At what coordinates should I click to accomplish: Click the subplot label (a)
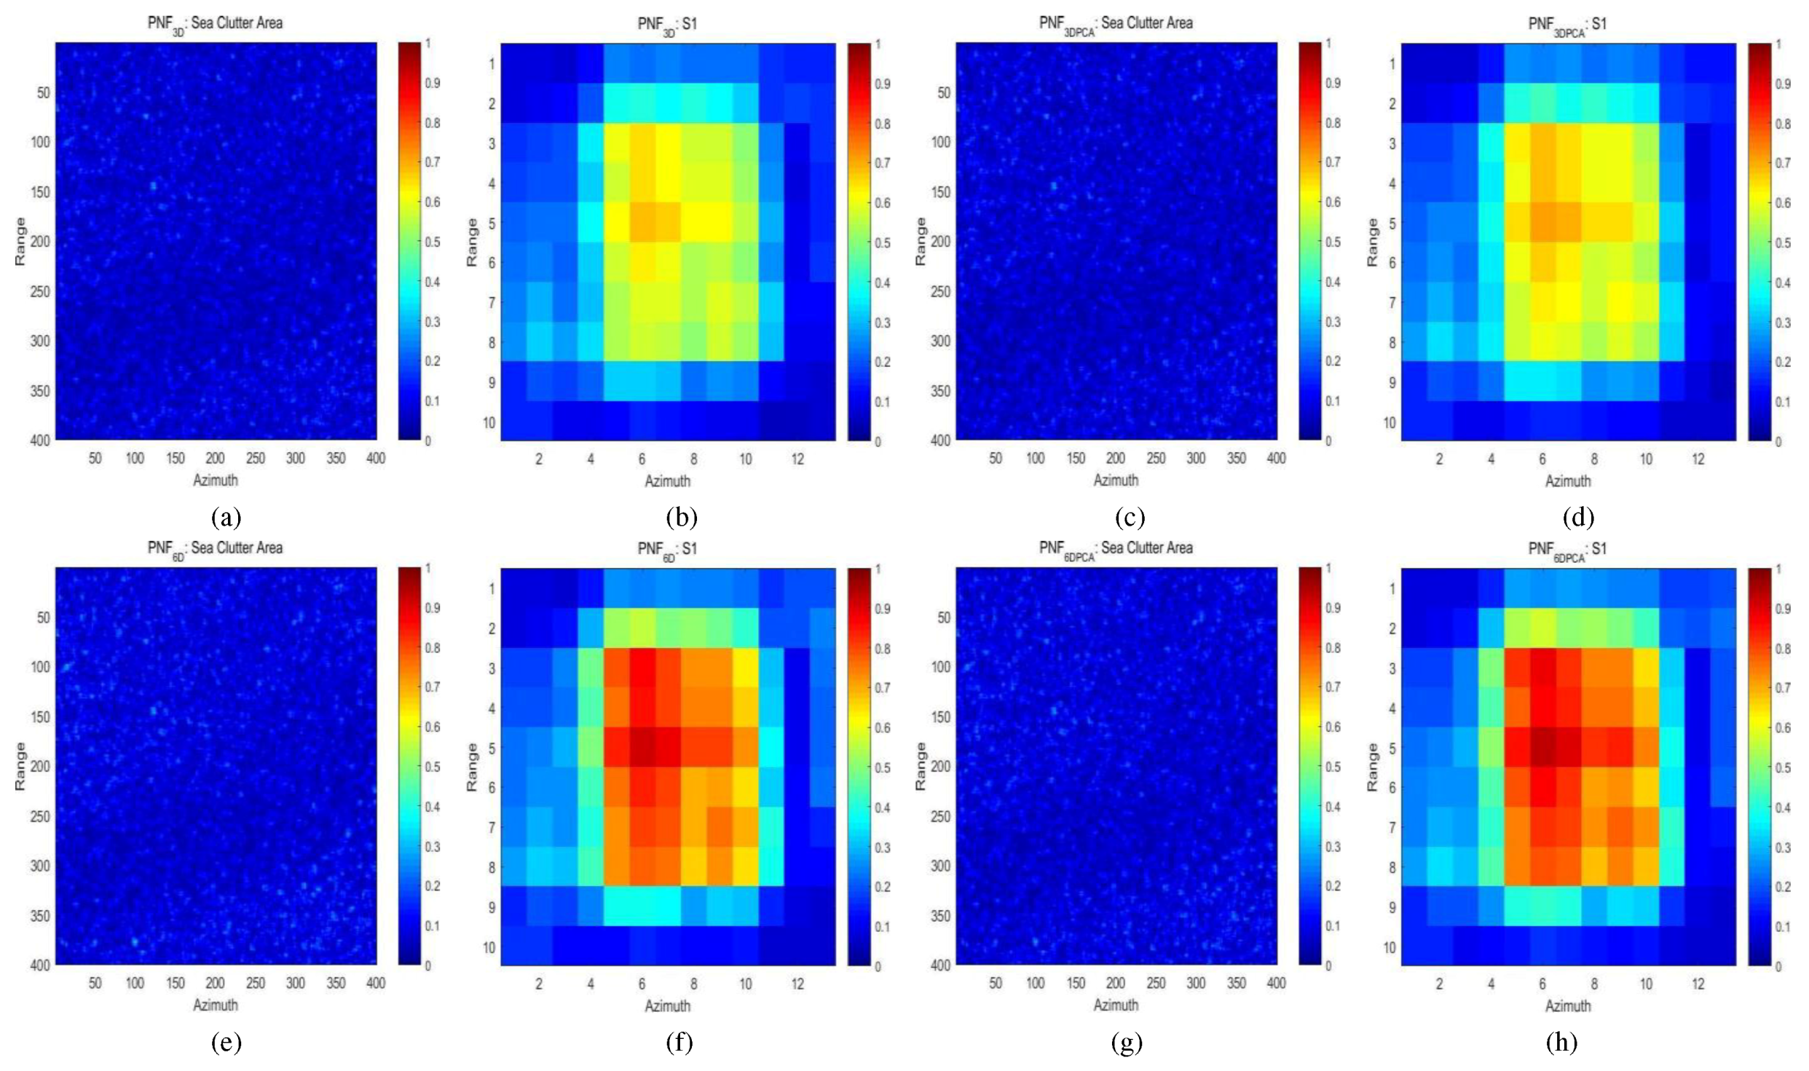click(x=226, y=518)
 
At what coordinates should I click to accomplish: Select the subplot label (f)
click(x=679, y=1043)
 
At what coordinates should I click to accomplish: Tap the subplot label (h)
click(x=1561, y=1043)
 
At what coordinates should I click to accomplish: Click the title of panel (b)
click(x=667, y=24)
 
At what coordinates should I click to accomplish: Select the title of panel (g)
click(x=1116, y=549)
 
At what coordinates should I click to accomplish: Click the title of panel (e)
click(x=215, y=548)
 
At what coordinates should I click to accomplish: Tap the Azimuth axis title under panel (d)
click(x=1568, y=481)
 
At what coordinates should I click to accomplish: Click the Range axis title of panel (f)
click(x=472, y=767)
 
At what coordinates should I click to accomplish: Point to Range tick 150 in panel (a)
click(x=40, y=191)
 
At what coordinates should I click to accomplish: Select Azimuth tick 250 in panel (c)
click(x=1156, y=458)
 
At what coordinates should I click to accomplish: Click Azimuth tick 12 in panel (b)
click(x=797, y=459)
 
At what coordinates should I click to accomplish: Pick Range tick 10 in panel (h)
click(x=1390, y=947)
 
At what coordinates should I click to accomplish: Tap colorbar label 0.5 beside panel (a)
click(x=433, y=242)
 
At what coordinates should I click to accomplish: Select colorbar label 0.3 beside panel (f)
click(x=883, y=847)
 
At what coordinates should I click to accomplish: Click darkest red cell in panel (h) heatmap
click(x=1542, y=747)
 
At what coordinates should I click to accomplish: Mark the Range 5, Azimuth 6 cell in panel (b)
click(x=642, y=222)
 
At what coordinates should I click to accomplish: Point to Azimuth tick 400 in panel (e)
click(x=375, y=983)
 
